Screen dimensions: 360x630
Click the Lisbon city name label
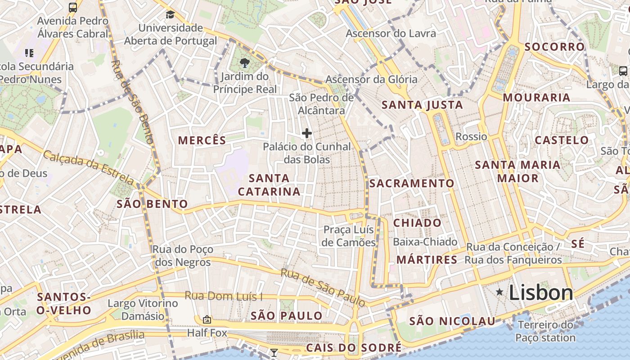(x=541, y=293)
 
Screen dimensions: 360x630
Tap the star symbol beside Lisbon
(x=499, y=292)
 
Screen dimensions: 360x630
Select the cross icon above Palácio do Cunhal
(x=307, y=133)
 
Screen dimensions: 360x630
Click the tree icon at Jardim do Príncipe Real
(x=245, y=63)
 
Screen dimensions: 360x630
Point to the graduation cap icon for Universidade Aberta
(x=170, y=15)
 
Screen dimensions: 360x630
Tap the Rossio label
(x=471, y=136)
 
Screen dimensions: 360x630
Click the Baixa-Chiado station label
(x=425, y=242)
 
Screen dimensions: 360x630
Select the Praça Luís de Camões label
(x=349, y=236)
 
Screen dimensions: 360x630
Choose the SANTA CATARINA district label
(x=269, y=185)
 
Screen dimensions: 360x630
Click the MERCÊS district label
(x=202, y=140)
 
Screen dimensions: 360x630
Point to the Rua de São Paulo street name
(x=322, y=287)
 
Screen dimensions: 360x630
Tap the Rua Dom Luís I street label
(x=224, y=296)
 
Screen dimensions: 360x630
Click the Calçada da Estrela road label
(x=88, y=168)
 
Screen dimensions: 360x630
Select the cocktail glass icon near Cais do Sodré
(x=274, y=352)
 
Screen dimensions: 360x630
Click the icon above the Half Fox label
(x=207, y=319)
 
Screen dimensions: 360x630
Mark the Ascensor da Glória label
(x=371, y=80)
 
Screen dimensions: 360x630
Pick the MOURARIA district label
(x=536, y=98)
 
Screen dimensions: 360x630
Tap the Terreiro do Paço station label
(x=545, y=331)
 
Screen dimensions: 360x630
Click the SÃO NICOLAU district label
(x=452, y=321)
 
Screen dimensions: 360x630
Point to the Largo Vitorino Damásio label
(x=143, y=310)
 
